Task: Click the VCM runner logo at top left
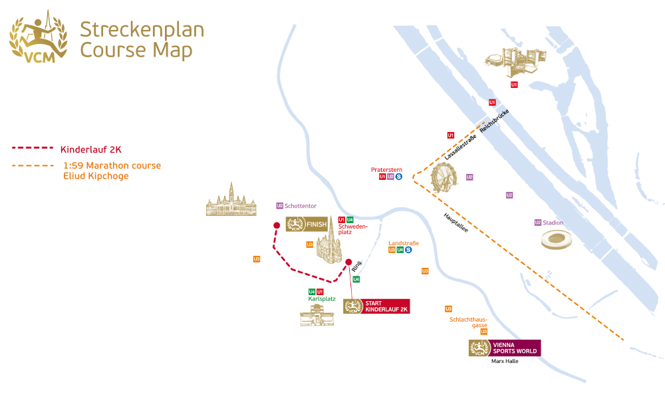[38, 37]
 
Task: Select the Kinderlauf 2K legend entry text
[90, 149]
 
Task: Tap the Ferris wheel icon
[444, 178]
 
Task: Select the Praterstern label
[386, 170]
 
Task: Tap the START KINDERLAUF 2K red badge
[376, 306]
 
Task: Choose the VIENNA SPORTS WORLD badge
[505, 348]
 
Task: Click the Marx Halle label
[504, 361]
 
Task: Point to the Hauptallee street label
[456, 223]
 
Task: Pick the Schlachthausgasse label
[469, 322]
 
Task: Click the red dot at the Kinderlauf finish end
[277, 226]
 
